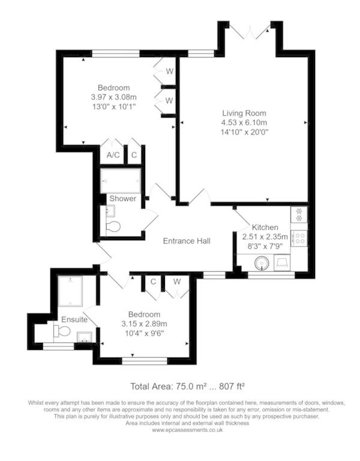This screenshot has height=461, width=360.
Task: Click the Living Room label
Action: coord(244,113)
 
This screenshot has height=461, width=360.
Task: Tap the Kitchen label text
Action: coord(265,227)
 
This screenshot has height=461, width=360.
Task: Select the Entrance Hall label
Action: coord(187,241)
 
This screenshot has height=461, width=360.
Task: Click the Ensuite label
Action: coord(74,319)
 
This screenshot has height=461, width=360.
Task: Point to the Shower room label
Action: coord(123,199)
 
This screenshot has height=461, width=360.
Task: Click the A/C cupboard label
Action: coord(113,155)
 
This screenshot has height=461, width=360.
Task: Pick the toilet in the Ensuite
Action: coord(62,331)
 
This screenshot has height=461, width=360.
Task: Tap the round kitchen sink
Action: coord(261,263)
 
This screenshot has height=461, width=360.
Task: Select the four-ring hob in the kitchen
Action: coord(299,238)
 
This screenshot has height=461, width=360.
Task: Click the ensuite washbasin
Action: coord(85,337)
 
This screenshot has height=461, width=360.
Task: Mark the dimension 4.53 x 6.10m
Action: coord(244,122)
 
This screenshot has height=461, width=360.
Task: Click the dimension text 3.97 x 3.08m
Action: coord(114,97)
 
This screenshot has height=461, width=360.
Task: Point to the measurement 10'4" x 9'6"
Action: coord(144,333)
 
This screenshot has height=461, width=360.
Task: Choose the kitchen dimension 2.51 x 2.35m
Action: coord(265,237)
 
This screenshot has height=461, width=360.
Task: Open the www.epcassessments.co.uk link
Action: coord(187,430)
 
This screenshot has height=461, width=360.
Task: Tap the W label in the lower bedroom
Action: coord(176,282)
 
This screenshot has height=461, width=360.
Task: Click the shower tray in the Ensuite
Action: coord(70,291)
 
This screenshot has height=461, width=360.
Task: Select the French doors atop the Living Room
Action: coord(250,32)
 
